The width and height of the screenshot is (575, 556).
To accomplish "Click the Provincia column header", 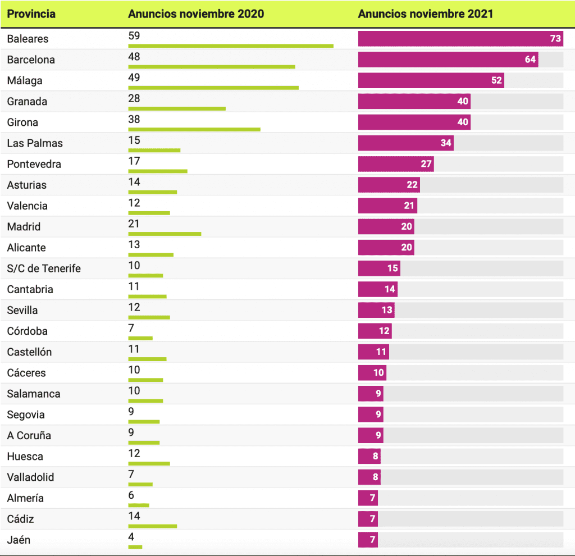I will click(31, 14).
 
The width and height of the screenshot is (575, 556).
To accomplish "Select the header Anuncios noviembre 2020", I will click(196, 14).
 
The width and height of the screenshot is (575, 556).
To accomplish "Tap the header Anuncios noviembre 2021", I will click(426, 14).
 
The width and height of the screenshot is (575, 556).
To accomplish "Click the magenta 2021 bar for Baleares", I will click(460, 39).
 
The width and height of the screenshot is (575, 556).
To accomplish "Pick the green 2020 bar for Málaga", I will click(213, 88).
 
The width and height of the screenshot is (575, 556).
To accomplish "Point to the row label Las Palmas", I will click(35, 143).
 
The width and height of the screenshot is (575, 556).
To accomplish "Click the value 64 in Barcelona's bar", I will click(530, 60).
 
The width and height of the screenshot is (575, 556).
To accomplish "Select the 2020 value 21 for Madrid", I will click(134, 224).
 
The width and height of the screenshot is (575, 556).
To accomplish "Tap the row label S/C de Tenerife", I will click(44, 268).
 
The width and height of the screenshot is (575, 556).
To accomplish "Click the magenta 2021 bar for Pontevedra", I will click(396, 164).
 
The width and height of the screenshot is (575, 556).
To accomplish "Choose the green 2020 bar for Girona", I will click(194, 129).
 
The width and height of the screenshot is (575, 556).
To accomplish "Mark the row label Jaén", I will click(19, 540).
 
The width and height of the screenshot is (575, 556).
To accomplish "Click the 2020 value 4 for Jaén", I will click(131, 537).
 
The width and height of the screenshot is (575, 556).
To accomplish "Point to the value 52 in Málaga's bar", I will click(496, 80).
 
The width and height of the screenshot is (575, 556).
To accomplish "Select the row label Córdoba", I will click(28, 331).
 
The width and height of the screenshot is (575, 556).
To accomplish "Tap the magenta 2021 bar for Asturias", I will click(389, 185).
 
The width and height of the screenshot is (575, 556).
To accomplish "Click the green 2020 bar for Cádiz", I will click(152, 526).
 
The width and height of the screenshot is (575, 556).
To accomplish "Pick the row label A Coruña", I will click(29, 435).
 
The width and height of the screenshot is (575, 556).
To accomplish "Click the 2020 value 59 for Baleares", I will click(134, 36).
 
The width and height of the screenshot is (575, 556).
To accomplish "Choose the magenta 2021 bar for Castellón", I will click(373, 352).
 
